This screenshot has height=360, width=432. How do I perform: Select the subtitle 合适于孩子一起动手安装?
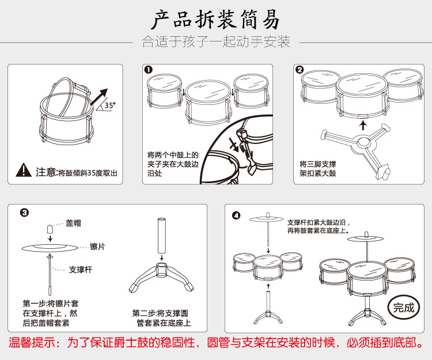[215, 42]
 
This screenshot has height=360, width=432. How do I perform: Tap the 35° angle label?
[108, 105]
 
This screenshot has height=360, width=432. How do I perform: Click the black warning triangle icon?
[24, 170]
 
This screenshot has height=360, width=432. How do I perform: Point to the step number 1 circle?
[149, 70]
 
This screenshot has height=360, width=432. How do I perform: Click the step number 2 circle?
[300, 70]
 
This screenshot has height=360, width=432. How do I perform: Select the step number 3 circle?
[24, 212]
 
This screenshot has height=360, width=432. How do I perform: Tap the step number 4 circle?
[236, 216]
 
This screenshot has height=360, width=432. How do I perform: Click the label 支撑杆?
[81, 269]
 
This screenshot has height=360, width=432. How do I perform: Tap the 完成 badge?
[403, 308]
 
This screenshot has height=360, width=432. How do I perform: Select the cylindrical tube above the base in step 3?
[161, 234]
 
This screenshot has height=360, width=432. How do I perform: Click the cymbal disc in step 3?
[51, 247]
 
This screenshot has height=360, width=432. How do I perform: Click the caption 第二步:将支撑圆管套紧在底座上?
[161, 318]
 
